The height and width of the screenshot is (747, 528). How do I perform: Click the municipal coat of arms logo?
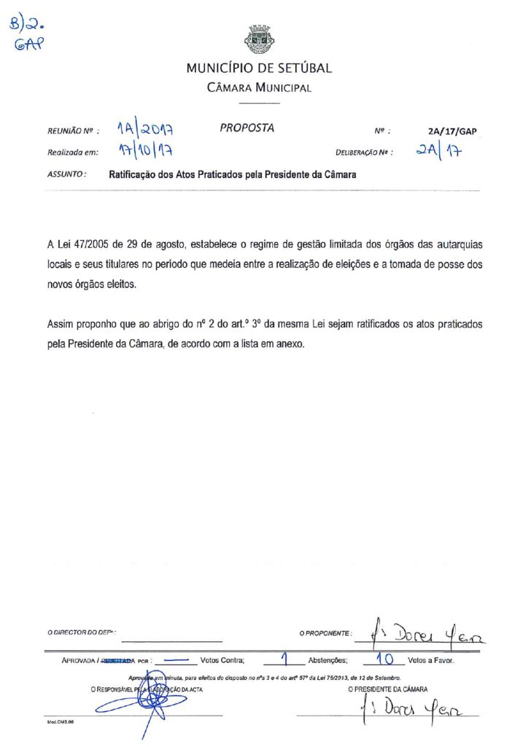point(259,39)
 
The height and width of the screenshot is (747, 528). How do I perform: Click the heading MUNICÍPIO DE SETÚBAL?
point(259,69)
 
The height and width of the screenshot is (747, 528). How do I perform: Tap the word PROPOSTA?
point(246,128)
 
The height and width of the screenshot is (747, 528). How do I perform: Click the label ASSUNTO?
point(67,175)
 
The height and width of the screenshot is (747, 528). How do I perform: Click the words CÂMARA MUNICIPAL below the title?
point(259,88)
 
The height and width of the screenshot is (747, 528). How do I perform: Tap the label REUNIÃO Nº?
point(72,132)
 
